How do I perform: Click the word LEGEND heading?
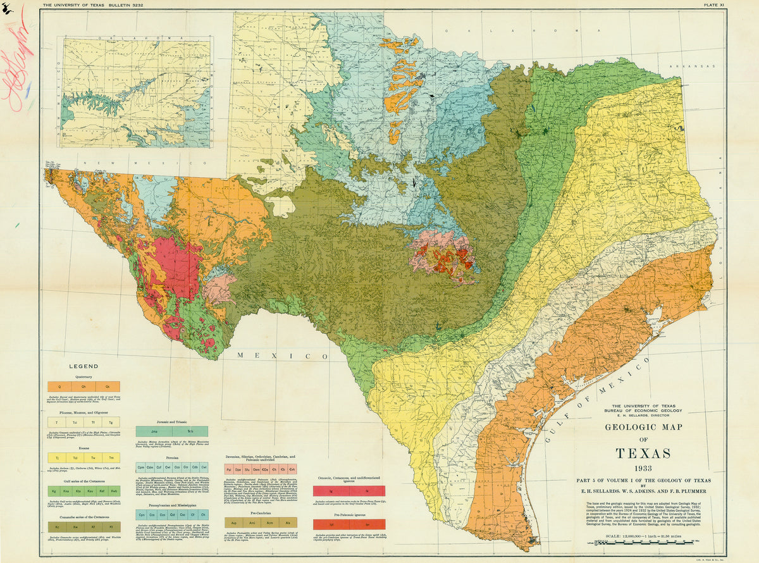[83, 366]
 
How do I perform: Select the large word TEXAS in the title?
[643, 454]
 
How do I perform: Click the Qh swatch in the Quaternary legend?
[83, 387]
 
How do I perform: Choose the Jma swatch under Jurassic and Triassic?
[154, 431]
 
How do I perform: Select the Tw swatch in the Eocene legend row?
[92, 457]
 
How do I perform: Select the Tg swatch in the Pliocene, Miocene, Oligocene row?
[111, 422]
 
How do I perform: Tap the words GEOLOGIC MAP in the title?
[643, 426]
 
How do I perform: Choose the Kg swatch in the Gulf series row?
[54, 490]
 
